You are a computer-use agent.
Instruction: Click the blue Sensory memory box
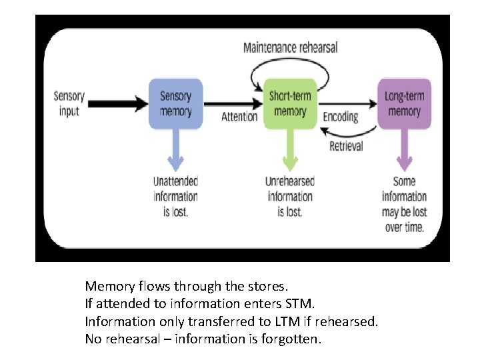175,104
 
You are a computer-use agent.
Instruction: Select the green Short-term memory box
290,104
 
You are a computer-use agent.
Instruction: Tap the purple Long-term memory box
404,104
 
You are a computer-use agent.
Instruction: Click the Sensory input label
69,104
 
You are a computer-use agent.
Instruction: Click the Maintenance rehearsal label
290,47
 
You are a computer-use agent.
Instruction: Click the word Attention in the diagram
239,117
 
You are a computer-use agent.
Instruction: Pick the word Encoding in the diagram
341,117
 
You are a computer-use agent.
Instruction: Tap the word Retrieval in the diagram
346,146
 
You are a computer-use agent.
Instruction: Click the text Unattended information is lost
175,196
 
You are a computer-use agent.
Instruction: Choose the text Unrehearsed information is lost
290,196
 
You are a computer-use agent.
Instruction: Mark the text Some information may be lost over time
404,203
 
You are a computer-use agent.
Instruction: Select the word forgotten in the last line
293,339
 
